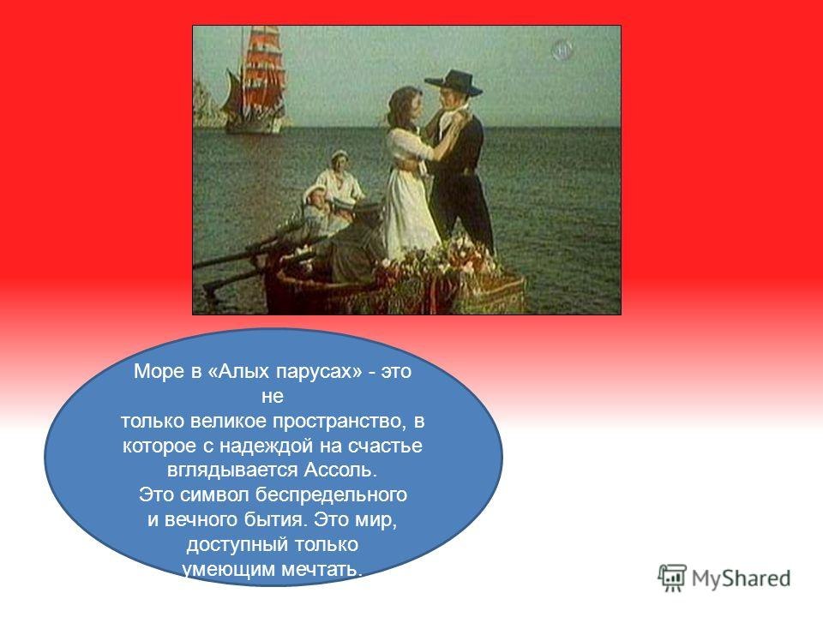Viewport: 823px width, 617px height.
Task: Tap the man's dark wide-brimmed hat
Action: pyautogui.click(x=454, y=80)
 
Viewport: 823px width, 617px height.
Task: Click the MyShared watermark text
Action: pyautogui.click(x=742, y=577)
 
